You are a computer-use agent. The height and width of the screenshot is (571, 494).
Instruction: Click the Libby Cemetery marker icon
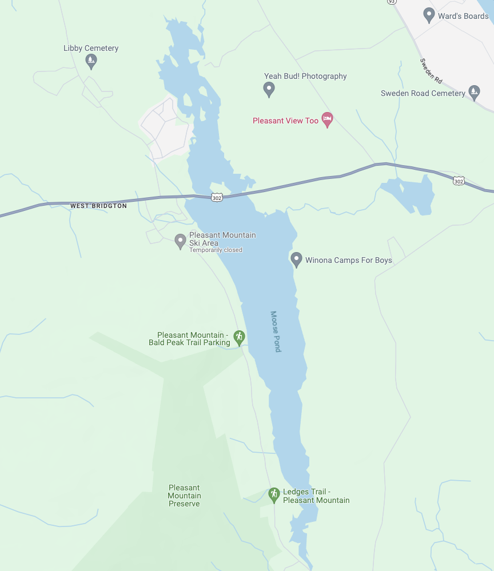click(90, 60)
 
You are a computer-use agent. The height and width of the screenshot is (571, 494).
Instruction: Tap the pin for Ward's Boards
click(429, 15)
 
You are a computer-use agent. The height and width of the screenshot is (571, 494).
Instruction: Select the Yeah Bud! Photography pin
click(269, 89)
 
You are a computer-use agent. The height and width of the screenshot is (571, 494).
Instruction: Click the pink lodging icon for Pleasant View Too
click(327, 120)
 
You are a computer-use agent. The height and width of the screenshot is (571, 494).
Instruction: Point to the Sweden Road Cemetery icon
click(473, 91)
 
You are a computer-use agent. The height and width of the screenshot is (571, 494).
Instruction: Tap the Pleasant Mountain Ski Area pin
click(180, 241)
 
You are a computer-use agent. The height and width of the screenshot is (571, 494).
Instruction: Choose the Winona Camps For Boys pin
click(296, 259)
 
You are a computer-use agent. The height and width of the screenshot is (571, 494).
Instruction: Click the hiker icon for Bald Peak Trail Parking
click(240, 338)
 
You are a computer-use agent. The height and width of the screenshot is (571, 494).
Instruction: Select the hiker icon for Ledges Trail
click(274, 495)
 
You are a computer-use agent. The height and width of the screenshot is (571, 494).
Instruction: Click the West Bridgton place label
click(98, 206)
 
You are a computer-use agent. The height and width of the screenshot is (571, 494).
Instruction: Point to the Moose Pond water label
click(275, 332)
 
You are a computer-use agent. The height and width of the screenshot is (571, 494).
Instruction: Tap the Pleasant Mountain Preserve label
click(184, 496)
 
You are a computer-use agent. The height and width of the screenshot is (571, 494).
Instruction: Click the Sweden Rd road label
click(431, 70)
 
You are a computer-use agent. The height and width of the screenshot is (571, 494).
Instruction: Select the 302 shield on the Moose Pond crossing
click(216, 197)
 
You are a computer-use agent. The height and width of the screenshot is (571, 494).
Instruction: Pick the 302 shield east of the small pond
click(459, 181)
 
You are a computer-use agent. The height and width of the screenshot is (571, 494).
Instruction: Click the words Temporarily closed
click(216, 250)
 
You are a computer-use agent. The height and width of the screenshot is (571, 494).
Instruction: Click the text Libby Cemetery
click(91, 48)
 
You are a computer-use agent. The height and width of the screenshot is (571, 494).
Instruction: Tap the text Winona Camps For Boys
click(349, 260)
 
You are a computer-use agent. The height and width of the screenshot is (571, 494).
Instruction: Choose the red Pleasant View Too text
click(285, 121)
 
